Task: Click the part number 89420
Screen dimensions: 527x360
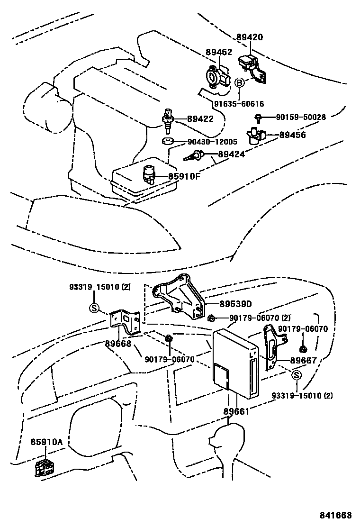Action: [x=250, y=37]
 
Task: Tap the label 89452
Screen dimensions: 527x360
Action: [x=218, y=52]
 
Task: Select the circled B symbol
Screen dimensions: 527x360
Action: [x=240, y=83]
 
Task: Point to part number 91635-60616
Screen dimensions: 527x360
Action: [x=238, y=104]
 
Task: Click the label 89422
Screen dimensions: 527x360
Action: [x=200, y=119]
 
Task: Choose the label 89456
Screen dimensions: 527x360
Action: [x=292, y=135]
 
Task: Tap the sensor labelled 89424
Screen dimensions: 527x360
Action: [x=197, y=154]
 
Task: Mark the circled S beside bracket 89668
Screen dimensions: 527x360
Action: [x=94, y=308]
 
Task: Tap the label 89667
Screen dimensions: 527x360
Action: [x=303, y=361]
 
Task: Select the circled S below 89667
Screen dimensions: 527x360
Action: [x=296, y=375]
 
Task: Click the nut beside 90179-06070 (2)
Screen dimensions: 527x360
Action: [x=212, y=318]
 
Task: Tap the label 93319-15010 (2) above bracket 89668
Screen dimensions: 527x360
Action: [x=99, y=287]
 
